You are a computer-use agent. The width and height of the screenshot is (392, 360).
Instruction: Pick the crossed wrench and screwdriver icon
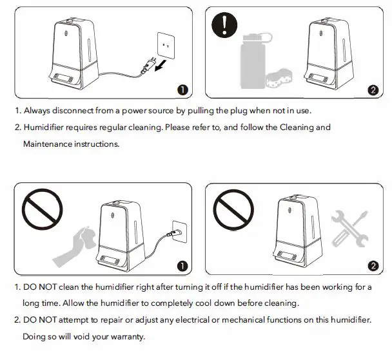[x=349, y=228]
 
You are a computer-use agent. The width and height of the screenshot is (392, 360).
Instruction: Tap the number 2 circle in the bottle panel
[x=372, y=90]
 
